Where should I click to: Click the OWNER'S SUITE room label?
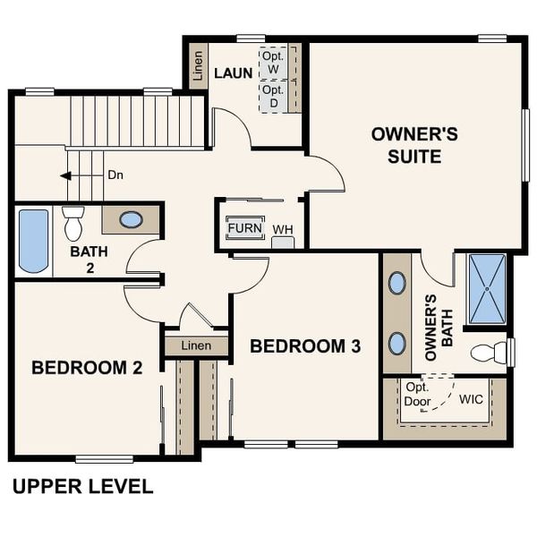[414, 145]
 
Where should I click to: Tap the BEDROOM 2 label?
[87, 367]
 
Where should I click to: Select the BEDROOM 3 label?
[305, 346]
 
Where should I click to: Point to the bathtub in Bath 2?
[33, 241]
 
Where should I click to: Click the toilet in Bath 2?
[73, 223]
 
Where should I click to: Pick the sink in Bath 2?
[131, 219]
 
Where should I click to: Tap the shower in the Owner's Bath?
[488, 289]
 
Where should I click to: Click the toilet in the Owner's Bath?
[490, 353]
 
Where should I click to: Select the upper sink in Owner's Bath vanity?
[396, 283]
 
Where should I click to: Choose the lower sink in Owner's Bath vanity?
[396, 343]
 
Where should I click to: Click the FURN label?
[244, 228]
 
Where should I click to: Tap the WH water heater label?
[283, 230]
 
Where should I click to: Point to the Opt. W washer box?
[273, 62]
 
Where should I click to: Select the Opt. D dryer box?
[273, 97]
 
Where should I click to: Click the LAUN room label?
[233, 73]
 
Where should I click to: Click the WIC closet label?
[471, 398]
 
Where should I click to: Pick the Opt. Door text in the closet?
[418, 395]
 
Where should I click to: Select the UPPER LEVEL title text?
[82, 487]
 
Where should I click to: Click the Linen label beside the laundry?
[198, 65]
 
